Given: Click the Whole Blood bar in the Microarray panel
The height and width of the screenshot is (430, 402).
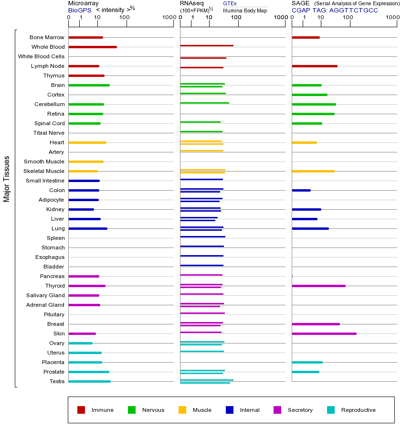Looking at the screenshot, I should pos(93,47).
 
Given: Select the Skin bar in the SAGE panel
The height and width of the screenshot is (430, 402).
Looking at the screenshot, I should pos(324,333).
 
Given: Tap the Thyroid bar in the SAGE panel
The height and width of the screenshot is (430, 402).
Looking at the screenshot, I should pos(318,286).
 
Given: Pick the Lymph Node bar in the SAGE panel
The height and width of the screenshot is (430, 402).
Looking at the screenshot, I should pos(314,66).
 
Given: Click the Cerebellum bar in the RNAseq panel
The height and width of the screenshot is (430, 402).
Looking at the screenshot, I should pos(204,103).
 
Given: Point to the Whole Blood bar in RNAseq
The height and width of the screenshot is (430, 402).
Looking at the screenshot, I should pos(207,45).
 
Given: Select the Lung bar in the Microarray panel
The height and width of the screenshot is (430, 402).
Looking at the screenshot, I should pos(88,228).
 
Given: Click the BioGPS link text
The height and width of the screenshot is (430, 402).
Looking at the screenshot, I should pos(79,10).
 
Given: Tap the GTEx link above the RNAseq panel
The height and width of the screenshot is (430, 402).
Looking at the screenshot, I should pos(230,3).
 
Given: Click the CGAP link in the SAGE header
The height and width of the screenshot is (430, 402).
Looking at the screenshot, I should pos(300,10).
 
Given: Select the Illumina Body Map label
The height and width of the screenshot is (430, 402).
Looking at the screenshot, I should pos(245,10).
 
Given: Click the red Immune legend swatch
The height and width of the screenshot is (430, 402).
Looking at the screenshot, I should pos(81,410).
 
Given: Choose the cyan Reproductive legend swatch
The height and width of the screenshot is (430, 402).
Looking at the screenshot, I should pos(331,410).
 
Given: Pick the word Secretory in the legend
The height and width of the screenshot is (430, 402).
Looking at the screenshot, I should pos(300,410).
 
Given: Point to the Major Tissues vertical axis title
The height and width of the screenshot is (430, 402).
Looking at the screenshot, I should pos(7,179).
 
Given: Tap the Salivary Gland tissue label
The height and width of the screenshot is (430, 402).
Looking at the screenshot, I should pos(46,295).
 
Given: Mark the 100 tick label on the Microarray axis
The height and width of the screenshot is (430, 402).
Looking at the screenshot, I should pos(124,18).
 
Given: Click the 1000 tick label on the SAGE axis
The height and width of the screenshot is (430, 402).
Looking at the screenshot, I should pos(392,18).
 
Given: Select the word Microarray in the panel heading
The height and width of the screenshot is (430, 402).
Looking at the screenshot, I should pos(84,3).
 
